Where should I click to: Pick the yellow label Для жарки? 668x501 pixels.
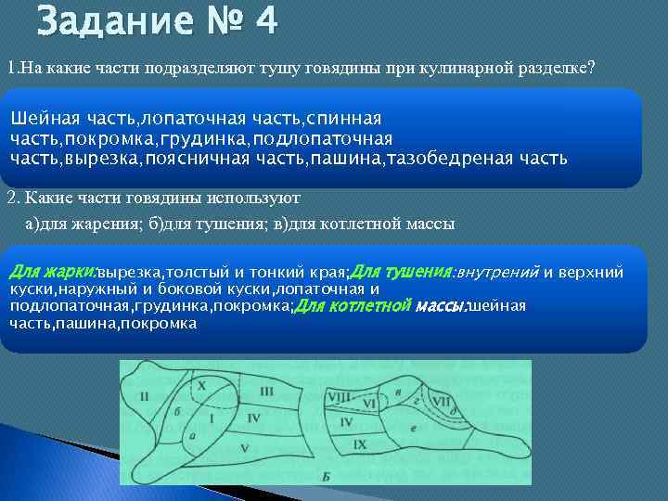coord(52,272)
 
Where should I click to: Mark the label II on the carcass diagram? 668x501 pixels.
coord(144,397)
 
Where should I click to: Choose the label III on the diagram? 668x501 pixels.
coord(267,392)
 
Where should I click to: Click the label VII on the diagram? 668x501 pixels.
coord(443,402)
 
